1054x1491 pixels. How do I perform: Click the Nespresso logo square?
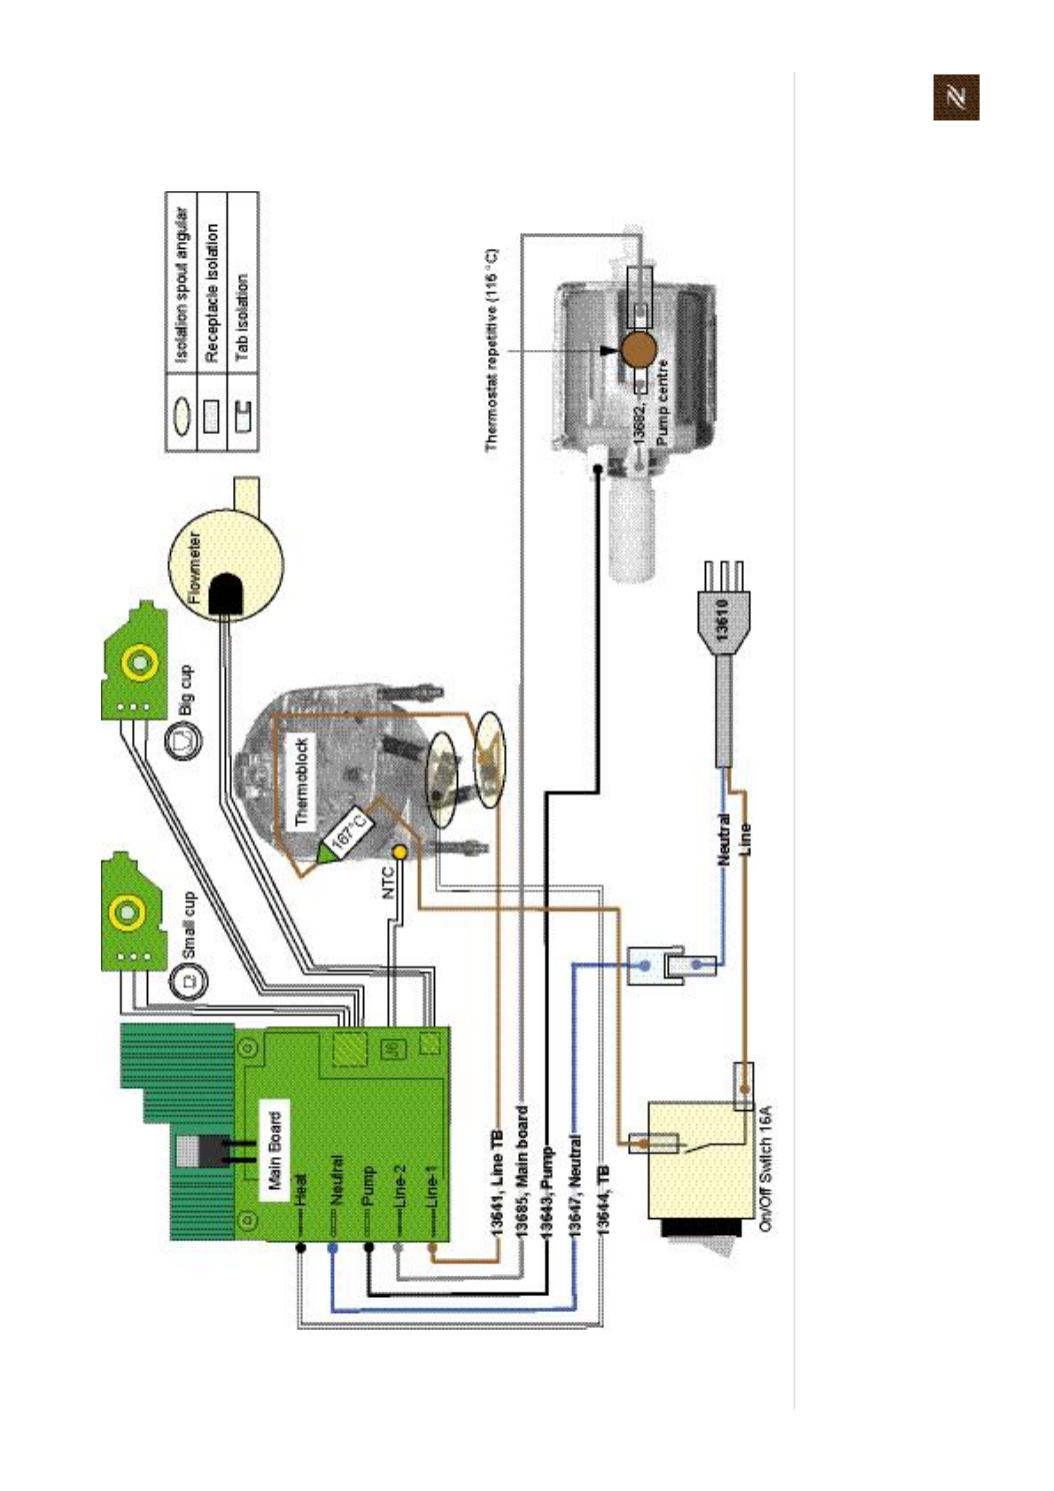(x=956, y=97)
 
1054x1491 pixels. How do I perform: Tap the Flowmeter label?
(x=196, y=567)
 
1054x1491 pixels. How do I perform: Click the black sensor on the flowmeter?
(x=226, y=594)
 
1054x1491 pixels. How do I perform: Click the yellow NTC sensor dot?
(x=399, y=852)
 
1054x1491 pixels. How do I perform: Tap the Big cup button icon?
(x=183, y=738)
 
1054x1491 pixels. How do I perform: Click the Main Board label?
(x=275, y=1150)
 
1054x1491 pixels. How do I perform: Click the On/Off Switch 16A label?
(x=766, y=1168)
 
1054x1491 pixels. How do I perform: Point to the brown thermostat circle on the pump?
(x=638, y=349)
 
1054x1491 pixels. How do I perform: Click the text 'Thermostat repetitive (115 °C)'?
(x=492, y=350)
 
